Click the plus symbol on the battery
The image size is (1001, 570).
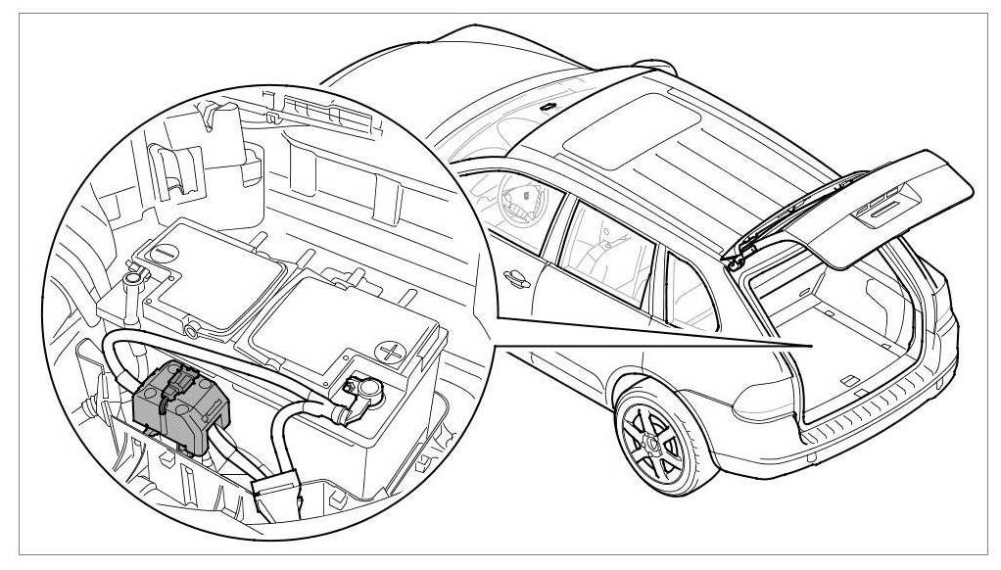(x=393, y=350)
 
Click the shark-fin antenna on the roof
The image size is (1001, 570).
(x=549, y=104)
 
